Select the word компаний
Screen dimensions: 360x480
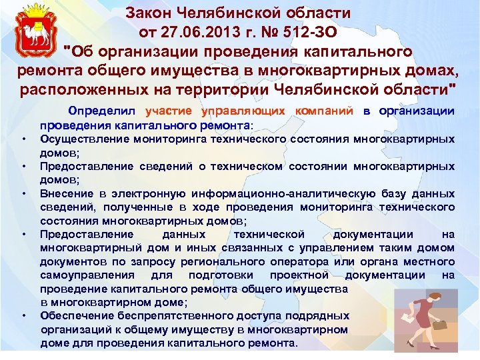(322, 111)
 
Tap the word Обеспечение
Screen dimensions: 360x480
(73, 317)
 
